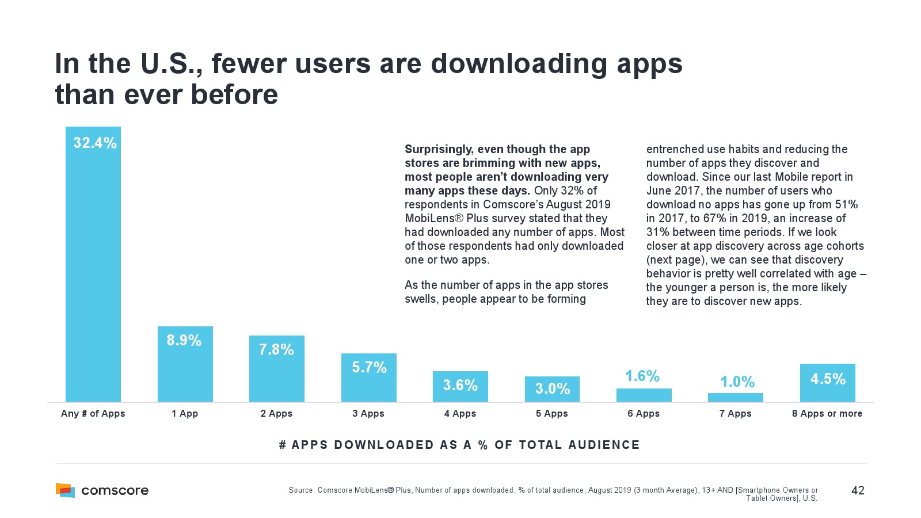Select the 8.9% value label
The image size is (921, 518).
(184, 340)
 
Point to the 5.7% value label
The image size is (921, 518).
(369, 367)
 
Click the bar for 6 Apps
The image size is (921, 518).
(644, 395)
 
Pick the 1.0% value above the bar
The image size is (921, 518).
(737, 382)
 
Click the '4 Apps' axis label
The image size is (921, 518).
(460, 413)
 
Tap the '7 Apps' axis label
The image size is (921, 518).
(735, 413)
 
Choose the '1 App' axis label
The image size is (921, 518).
(185, 413)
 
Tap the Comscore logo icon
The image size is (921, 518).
(65, 490)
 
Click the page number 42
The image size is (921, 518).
(858, 490)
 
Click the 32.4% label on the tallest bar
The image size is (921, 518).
(95, 143)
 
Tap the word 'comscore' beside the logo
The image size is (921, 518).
(115, 490)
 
